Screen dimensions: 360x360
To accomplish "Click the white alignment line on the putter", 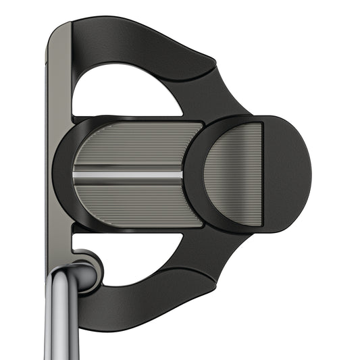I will (128, 174).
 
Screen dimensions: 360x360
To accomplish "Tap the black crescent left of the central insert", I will (62, 174).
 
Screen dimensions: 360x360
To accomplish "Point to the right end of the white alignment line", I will (180, 174).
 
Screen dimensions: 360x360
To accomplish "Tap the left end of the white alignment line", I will (76, 174).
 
